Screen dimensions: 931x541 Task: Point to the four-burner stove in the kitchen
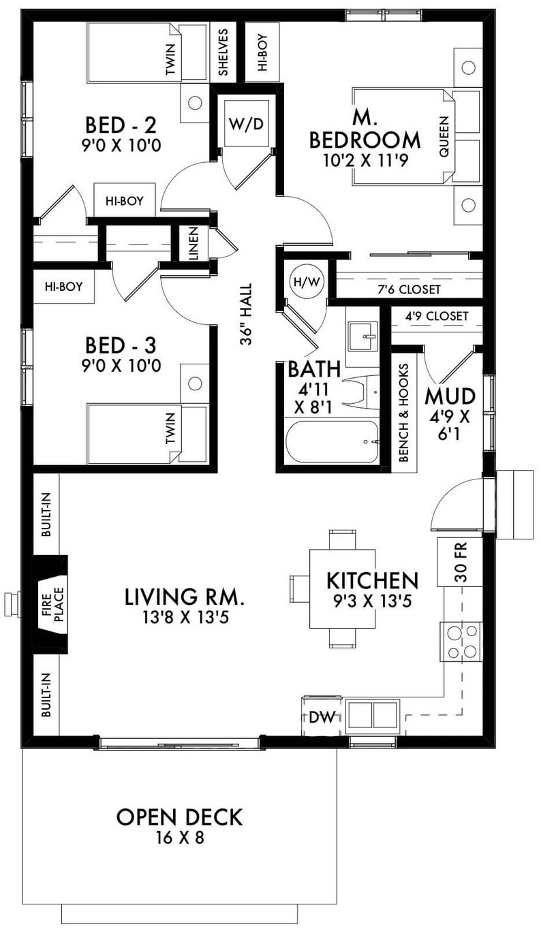[x=461, y=642]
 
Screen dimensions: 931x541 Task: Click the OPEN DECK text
[x=179, y=816]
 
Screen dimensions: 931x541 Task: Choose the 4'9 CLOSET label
[x=436, y=316]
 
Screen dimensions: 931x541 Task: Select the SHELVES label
[x=223, y=52]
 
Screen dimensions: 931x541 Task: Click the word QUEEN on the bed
[x=444, y=136]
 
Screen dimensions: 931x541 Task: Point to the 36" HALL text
[x=247, y=315]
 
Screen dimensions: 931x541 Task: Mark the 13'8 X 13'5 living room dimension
[x=184, y=618]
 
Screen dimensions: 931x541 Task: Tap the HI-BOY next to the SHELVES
[x=262, y=52]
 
